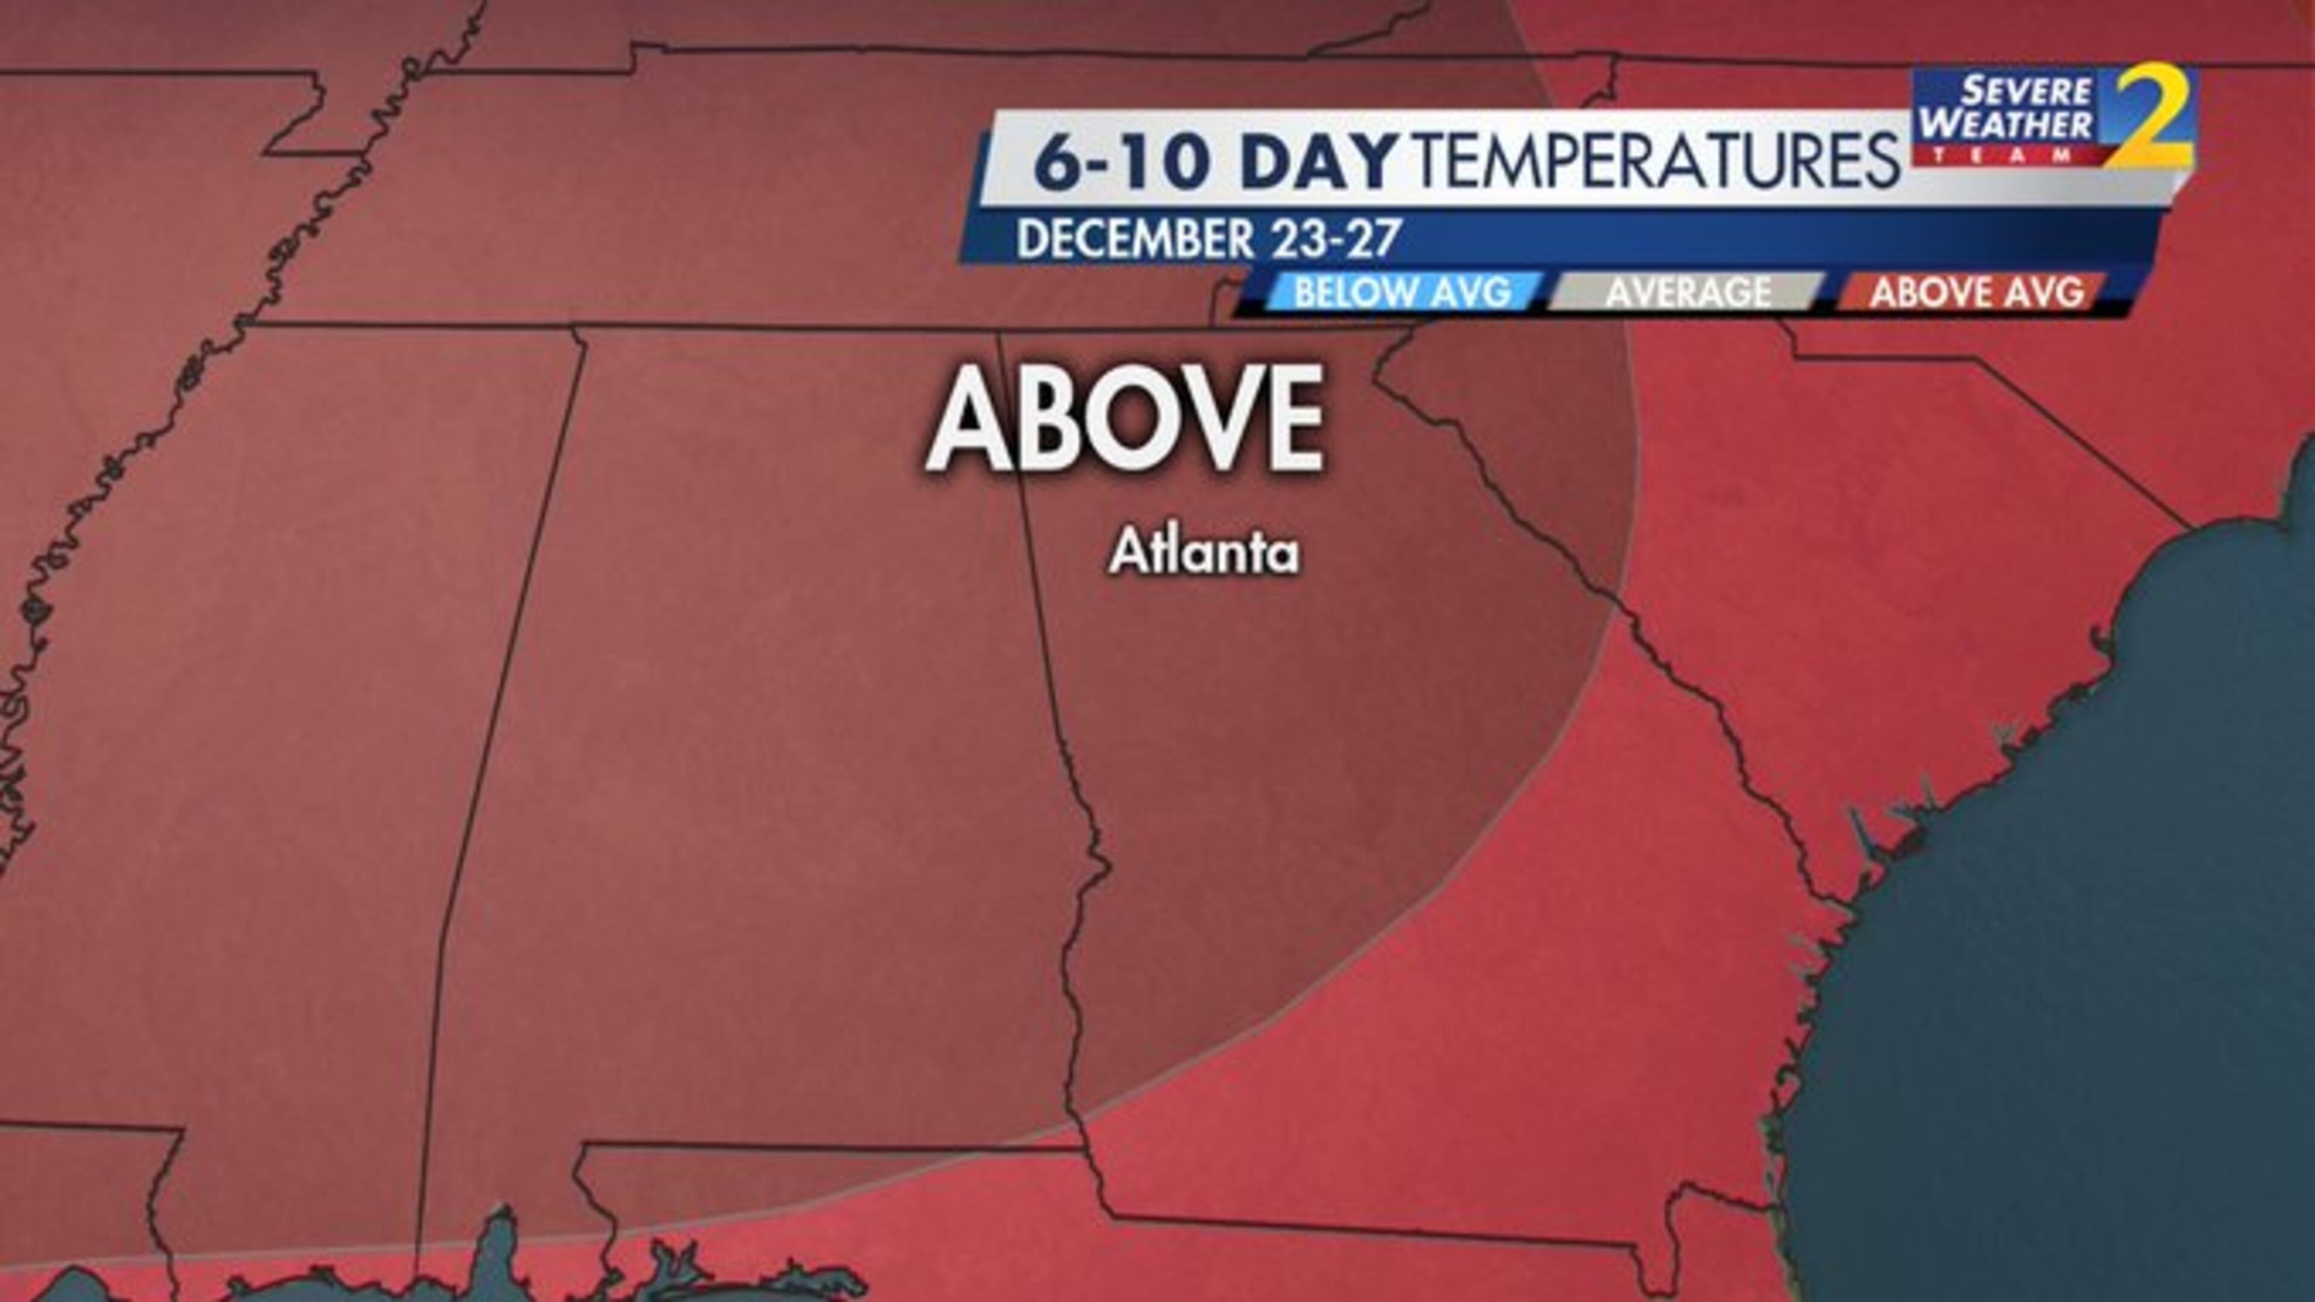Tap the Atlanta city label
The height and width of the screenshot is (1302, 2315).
point(1205,553)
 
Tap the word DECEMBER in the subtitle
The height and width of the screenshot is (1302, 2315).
point(1134,239)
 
